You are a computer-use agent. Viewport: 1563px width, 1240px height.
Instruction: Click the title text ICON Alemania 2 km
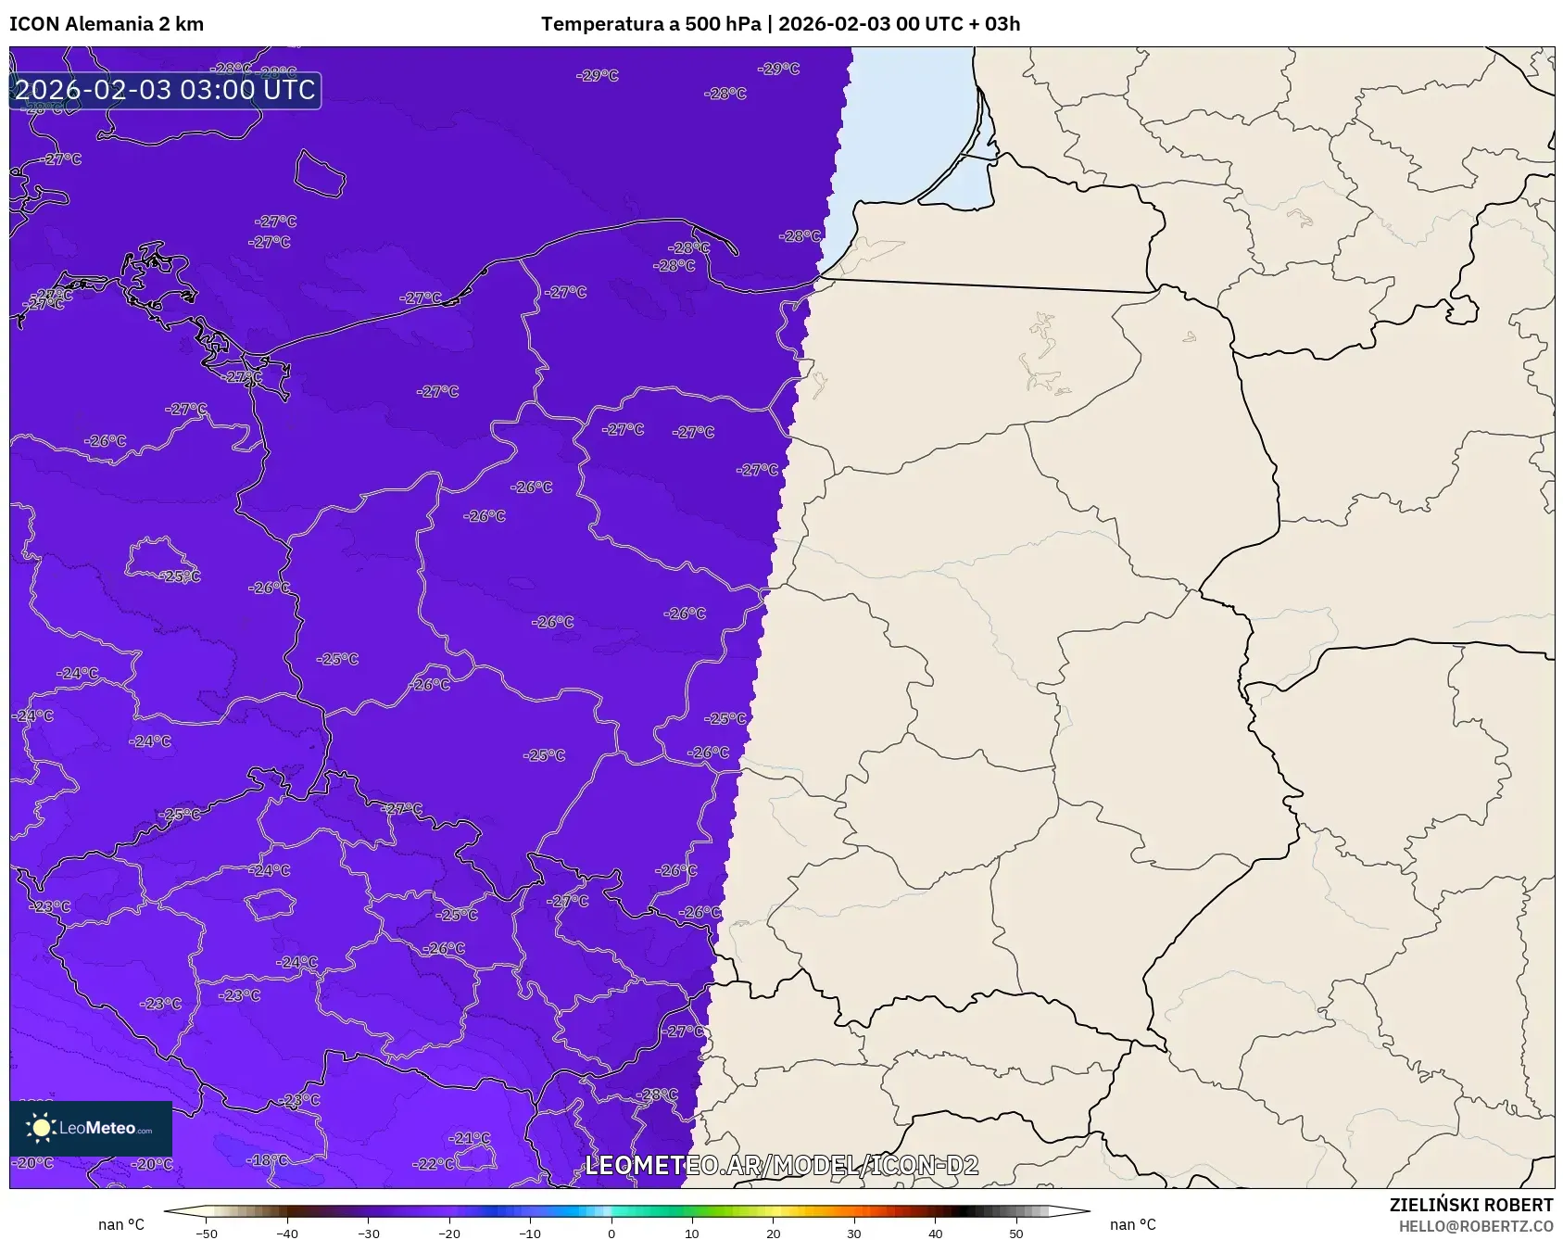tap(107, 24)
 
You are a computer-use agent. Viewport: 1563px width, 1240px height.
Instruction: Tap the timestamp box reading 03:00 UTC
tap(165, 90)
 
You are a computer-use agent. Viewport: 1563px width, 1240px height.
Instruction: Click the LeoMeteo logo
tap(91, 1128)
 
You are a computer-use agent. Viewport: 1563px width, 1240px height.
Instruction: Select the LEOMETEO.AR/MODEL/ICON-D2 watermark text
tap(781, 1165)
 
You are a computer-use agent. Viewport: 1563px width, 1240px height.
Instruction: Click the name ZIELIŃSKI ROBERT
tap(1470, 1205)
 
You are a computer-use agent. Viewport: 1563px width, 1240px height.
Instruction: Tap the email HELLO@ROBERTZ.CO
tap(1475, 1226)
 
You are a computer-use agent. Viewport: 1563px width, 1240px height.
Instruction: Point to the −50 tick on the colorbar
tap(207, 1233)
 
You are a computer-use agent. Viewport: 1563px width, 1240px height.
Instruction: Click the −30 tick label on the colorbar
tap(369, 1233)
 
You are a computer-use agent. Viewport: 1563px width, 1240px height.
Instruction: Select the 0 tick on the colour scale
tap(611, 1233)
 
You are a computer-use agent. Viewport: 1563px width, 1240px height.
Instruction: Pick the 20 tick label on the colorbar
tap(774, 1233)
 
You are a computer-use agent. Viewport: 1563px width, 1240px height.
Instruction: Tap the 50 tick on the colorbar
tap(1016, 1233)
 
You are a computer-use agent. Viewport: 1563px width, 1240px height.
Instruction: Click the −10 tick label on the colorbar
tap(530, 1233)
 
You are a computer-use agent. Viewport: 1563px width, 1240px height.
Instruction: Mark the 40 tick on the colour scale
tap(936, 1233)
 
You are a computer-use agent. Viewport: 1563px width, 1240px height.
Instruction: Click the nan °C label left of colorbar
tap(121, 1224)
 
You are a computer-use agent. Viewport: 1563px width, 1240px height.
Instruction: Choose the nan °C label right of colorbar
tap(1133, 1224)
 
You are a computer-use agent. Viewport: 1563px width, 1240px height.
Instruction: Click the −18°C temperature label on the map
tap(268, 1159)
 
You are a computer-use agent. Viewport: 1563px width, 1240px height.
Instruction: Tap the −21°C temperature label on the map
tap(470, 1138)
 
